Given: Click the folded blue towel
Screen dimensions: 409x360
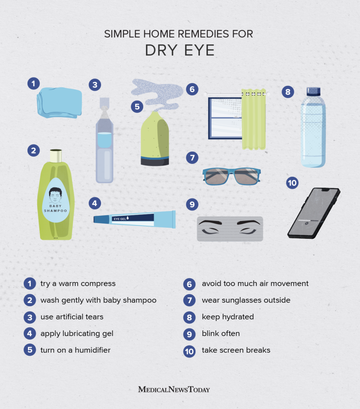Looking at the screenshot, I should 59,103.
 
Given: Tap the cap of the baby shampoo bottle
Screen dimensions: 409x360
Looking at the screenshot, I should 55,156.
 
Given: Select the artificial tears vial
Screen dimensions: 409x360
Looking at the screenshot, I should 104,144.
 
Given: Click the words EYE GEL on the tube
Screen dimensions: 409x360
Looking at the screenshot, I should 120,218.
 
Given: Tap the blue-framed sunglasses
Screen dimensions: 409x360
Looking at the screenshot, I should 231,176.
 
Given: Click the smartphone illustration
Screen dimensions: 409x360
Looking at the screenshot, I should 314,213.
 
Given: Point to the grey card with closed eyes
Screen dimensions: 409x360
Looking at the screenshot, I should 230,229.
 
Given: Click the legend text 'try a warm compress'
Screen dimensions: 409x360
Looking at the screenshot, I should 78,284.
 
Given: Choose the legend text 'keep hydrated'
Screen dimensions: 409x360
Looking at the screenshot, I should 227,317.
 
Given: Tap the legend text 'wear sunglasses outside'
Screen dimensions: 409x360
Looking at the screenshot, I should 246,300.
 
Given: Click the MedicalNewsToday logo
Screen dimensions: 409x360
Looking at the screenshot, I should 174,389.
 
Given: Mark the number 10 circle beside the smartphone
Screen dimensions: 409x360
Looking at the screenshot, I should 292,183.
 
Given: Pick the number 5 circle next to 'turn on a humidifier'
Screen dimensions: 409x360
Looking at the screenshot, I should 30,350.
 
